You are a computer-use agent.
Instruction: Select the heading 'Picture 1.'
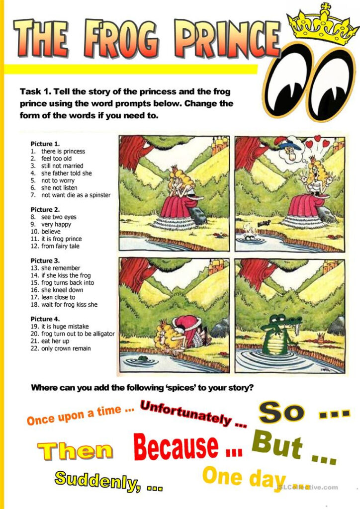[x=45, y=144]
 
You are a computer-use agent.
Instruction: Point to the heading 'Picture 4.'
[x=45, y=319]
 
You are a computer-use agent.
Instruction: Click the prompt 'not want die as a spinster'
[x=76, y=195]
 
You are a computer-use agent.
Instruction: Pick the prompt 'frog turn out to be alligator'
[x=78, y=334]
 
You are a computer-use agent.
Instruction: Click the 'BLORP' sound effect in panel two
[x=264, y=224]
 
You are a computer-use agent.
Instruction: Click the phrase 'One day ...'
[x=254, y=478]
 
